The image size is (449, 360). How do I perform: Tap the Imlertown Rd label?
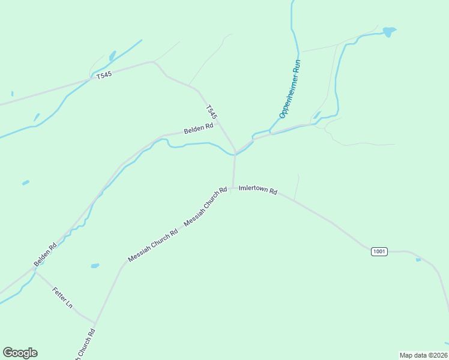(258, 190)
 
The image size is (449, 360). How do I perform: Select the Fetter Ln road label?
(62, 298)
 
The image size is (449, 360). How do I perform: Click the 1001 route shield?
(379, 251)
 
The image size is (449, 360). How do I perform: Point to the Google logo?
(20, 353)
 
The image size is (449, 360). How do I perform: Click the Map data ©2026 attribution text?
(423, 355)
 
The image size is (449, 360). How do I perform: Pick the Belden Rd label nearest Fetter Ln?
(45, 254)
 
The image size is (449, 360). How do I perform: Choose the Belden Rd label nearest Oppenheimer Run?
(199, 128)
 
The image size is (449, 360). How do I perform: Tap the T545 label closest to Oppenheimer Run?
(211, 112)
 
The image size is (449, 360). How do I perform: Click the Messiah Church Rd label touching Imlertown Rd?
(206, 206)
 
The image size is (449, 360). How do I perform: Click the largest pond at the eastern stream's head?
(389, 31)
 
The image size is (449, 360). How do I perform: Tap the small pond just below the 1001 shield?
(418, 260)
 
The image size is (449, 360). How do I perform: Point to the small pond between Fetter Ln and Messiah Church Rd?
(95, 265)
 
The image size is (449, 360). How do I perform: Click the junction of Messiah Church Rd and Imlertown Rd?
(232, 188)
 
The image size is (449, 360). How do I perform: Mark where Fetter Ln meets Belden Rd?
(35, 271)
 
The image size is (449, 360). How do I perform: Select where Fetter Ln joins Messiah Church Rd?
(95, 322)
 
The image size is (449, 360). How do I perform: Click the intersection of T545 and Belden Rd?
(235, 150)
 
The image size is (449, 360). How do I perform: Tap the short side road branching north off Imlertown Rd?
(297, 186)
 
